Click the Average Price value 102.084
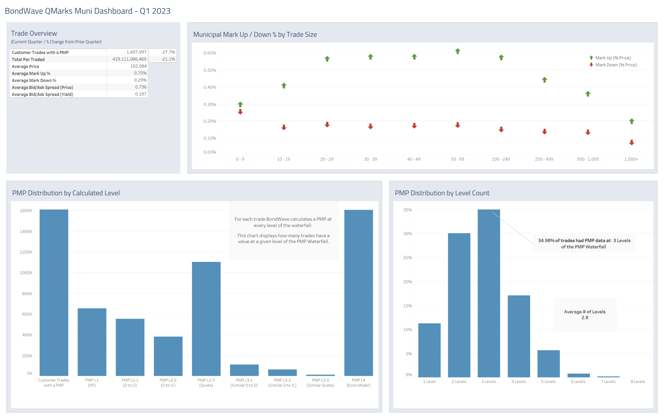[138, 66]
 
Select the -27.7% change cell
[168, 52]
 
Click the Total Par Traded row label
[28, 59]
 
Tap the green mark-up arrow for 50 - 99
[457, 51]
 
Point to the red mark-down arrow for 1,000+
[632, 143]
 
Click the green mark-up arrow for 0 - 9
[240, 104]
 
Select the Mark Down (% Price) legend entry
[615, 65]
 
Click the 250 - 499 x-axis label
[544, 159]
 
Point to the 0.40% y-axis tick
[210, 87]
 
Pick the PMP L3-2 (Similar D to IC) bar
[282, 372]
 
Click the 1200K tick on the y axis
[26, 252]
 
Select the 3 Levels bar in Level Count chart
[489, 293]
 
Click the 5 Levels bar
[548, 363]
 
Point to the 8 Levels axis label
[637, 382]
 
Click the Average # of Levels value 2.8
[585, 318]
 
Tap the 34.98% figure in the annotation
[546, 240]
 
